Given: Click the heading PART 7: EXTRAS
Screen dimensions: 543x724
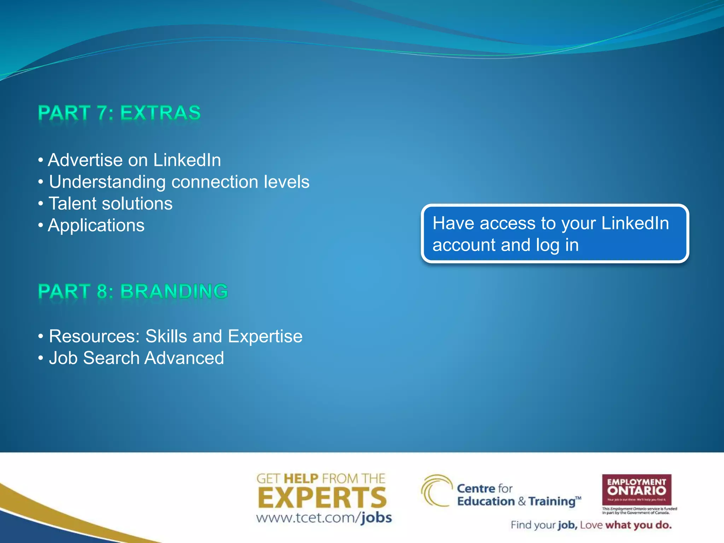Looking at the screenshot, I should coord(119,113).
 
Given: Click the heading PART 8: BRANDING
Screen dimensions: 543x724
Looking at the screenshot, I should coord(133,292).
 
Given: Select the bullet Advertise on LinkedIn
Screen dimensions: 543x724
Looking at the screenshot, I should coord(134,160).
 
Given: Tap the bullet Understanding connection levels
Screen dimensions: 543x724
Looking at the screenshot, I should coord(179,182).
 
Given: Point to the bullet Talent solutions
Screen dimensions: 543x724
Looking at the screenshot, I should coord(110,204).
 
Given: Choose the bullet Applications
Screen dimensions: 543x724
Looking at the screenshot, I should coord(96,226).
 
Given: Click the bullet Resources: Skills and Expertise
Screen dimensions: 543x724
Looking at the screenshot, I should coord(175,336).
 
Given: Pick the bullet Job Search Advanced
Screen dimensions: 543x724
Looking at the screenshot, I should coord(136,358).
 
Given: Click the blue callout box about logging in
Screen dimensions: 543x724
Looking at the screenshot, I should coord(554,234).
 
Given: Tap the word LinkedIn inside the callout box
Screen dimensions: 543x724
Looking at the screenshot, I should coord(635,223).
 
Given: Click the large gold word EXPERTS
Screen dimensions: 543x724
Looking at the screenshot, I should coord(322,498).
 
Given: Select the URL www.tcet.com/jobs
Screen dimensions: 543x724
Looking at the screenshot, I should coord(324,518).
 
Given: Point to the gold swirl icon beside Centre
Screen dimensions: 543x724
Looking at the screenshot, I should coord(436,491).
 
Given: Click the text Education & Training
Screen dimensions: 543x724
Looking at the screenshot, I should coord(518,502).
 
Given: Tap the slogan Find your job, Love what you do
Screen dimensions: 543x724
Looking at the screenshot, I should coord(591,525).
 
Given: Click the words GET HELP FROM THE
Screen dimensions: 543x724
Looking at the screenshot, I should coord(320,479).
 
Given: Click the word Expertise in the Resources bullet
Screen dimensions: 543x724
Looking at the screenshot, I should coord(265,336).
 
